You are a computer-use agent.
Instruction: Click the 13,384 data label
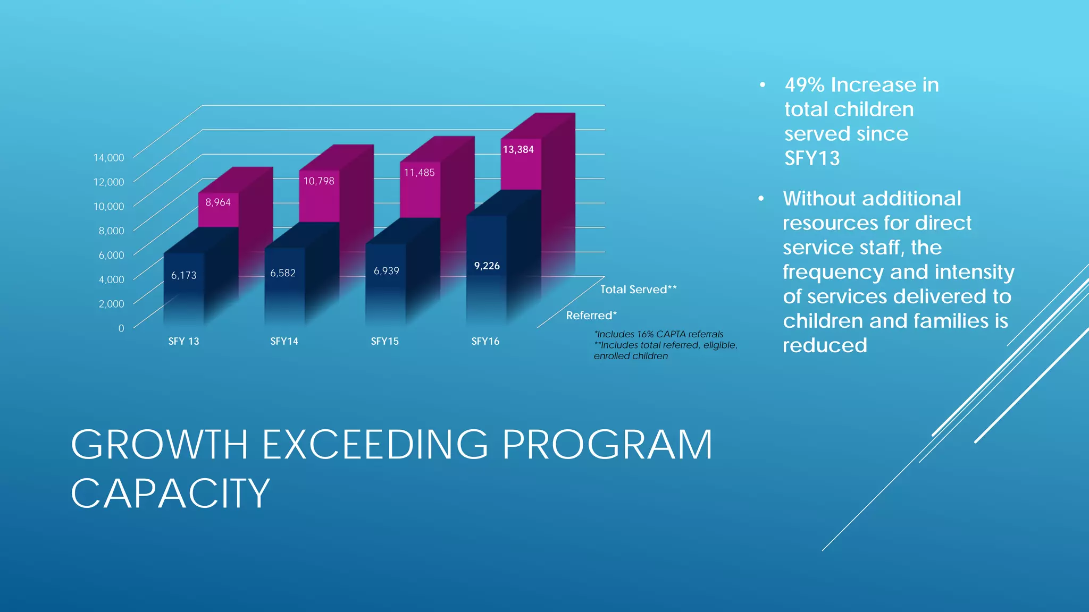click(x=518, y=150)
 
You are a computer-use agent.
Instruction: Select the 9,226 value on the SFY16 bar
click(x=487, y=266)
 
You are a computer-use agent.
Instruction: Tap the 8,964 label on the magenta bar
click(x=218, y=202)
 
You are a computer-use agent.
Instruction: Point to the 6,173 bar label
click(x=183, y=275)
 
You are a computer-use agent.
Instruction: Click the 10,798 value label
click(x=319, y=181)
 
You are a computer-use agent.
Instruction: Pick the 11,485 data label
click(x=419, y=173)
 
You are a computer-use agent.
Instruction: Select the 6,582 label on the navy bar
click(x=282, y=273)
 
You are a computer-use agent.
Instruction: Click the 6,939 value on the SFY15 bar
click(x=386, y=271)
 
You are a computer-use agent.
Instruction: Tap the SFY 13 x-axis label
click(x=183, y=341)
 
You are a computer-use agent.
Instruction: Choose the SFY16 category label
click(x=485, y=341)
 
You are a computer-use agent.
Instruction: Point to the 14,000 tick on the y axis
click(x=108, y=158)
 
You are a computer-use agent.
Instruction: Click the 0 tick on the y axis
click(x=121, y=328)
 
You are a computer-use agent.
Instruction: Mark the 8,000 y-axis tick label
click(x=111, y=231)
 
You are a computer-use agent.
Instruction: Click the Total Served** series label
click(x=638, y=290)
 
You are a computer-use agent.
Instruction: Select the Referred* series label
click(x=591, y=316)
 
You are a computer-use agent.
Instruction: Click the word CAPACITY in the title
click(x=170, y=493)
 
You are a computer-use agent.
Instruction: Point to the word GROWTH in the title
click(x=160, y=444)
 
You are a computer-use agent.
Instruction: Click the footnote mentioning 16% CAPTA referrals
click(x=659, y=334)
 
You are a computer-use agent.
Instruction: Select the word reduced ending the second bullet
click(x=825, y=345)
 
